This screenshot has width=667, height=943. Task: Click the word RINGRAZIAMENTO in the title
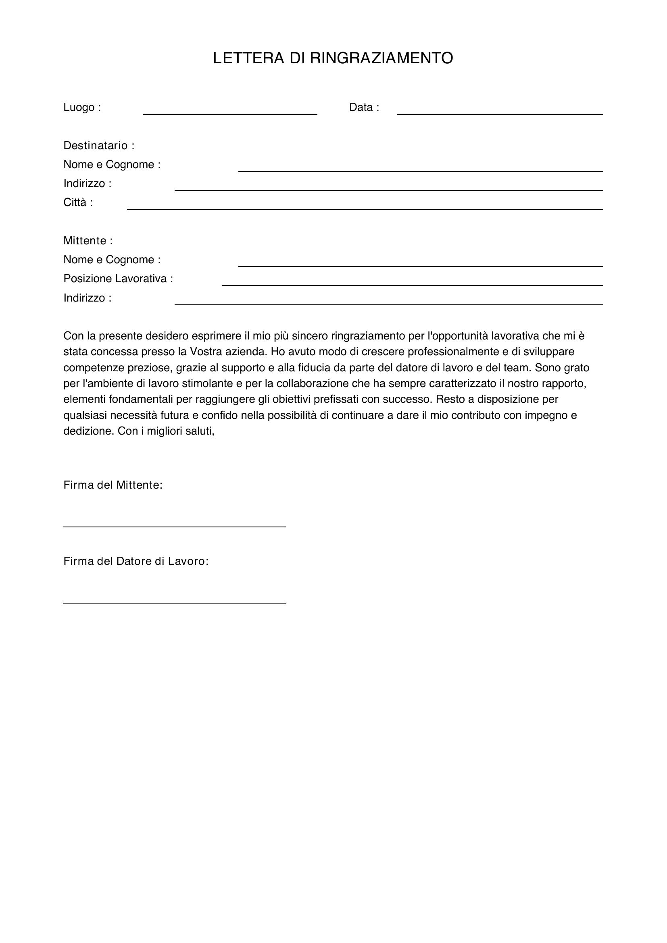[x=381, y=58]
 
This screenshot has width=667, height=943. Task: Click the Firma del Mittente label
[x=113, y=485]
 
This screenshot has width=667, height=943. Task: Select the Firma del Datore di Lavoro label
[x=136, y=561]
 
